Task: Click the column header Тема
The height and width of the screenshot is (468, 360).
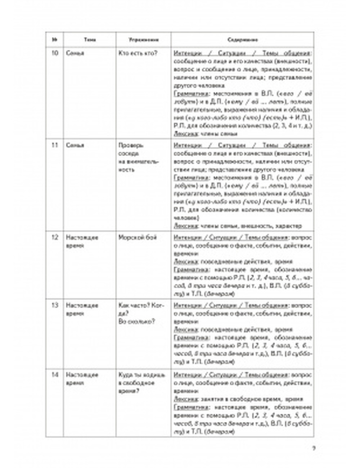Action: point(90,40)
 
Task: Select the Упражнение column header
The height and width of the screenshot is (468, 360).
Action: point(144,40)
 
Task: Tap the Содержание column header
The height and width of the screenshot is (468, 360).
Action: point(242,40)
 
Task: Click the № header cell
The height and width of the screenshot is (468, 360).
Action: point(55,40)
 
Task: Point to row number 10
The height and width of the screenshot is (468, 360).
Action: point(55,54)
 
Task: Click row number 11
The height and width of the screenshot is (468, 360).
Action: point(55,145)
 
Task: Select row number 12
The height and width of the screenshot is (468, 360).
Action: point(55,238)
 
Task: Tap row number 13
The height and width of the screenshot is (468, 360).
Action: point(55,305)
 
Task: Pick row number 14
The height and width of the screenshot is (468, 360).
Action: point(55,375)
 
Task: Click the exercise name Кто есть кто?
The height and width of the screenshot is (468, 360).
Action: point(138,54)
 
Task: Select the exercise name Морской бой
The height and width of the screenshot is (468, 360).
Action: point(138,238)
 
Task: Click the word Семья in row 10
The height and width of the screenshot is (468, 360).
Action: point(75,54)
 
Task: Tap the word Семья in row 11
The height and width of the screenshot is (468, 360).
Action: point(75,145)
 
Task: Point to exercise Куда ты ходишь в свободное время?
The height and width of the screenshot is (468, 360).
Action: point(141,383)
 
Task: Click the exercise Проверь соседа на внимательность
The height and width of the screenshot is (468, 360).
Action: point(139,157)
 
